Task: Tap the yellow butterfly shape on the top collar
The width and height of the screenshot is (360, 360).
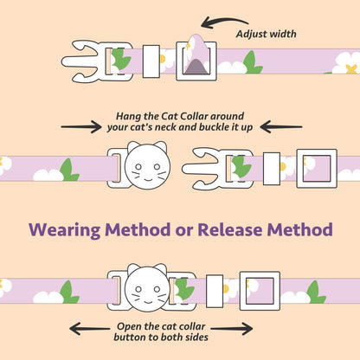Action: tap(351, 69)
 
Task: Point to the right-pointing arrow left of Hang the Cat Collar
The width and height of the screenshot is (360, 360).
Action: tap(81, 127)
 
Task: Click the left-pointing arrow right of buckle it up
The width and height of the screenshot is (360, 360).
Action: tap(281, 127)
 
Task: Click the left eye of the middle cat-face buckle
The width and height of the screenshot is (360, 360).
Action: tap(138, 167)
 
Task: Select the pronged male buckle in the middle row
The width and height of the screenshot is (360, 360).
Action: tap(218, 168)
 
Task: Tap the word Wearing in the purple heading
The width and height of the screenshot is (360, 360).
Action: tap(65, 230)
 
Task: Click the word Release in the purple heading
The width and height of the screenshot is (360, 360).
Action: tap(230, 229)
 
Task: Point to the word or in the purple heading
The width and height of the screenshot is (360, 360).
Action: tap(186, 231)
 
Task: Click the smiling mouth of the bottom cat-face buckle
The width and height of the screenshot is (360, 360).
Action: tap(148, 302)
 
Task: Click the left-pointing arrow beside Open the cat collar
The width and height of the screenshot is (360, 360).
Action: tap(89, 329)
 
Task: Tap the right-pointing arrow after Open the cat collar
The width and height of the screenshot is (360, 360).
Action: tap(232, 329)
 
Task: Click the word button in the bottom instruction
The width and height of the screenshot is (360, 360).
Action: tap(129, 337)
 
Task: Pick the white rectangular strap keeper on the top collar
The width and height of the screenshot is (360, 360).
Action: tap(151, 61)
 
